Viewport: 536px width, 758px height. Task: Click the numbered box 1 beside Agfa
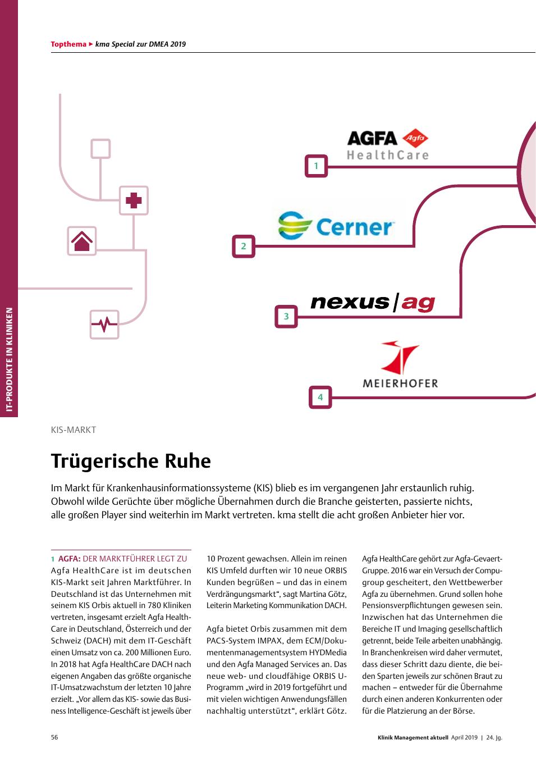tap(316, 166)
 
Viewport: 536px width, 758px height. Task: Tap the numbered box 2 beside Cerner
tap(244, 246)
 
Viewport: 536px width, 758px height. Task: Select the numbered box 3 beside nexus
tap(286, 317)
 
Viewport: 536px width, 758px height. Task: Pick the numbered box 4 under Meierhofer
tap(320, 397)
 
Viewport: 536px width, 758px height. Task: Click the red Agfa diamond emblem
tap(415, 138)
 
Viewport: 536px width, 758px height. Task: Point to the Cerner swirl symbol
tap(294, 225)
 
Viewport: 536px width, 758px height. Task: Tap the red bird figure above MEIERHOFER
tap(400, 357)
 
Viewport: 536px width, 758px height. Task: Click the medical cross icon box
tap(134, 200)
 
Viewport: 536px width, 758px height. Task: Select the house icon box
tap(82, 241)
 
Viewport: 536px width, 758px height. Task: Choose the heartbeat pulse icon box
tap(104, 324)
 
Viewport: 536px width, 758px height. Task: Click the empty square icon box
tap(100, 149)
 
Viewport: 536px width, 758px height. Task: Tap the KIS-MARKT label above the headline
tap(74, 430)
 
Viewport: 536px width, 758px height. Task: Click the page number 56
tap(54, 737)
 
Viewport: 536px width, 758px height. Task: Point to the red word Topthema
tap(68, 44)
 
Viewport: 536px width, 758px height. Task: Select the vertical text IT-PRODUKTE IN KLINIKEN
tap(9, 359)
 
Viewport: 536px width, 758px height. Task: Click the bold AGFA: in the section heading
tap(70, 559)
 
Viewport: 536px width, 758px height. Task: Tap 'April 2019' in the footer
tap(464, 738)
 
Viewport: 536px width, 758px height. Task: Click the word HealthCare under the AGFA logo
tap(387, 156)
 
